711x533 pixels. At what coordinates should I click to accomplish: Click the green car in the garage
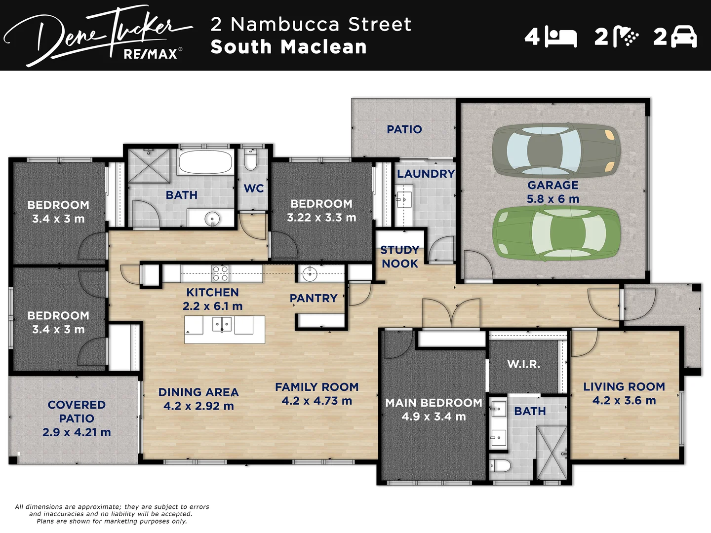[556, 232]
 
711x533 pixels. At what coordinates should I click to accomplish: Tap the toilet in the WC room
[250, 160]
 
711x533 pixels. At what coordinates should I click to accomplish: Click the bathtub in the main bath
[205, 161]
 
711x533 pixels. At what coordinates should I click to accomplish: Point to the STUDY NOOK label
[400, 257]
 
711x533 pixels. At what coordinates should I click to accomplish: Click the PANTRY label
[314, 298]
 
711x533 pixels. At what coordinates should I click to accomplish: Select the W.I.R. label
[523, 364]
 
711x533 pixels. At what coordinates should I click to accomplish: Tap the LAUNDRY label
[426, 174]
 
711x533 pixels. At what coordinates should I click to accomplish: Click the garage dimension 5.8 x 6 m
[553, 199]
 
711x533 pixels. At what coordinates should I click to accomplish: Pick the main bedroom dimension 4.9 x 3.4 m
[434, 417]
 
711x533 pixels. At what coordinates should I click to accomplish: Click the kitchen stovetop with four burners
[220, 273]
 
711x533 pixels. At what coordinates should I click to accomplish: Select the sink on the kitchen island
[222, 324]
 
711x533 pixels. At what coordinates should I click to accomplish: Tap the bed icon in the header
[561, 38]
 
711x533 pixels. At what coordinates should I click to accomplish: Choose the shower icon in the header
[625, 37]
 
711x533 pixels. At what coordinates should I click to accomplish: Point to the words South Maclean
[288, 47]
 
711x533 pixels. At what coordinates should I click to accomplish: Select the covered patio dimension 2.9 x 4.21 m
[77, 432]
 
